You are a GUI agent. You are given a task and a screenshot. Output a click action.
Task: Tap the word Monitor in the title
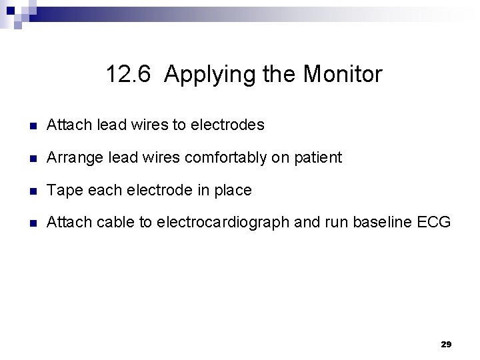pyautogui.click(x=343, y=74)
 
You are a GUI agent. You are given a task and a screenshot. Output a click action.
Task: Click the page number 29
pyautogui.click(x=447, y=344)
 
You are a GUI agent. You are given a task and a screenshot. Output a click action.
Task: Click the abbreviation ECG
pyautogui.click(x=435, y=223)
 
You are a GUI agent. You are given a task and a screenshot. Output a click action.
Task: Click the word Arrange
pyautogui.click(x=71, y=158)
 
